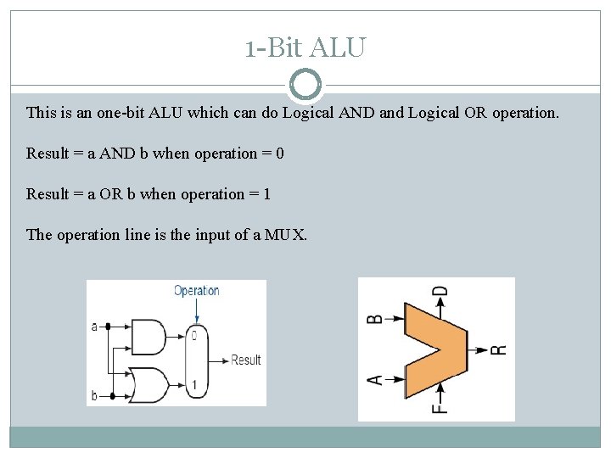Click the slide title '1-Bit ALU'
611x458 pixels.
pos(305,47)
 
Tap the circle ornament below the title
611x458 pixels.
pos(305,85)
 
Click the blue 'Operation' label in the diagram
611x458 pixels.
pos(196,290)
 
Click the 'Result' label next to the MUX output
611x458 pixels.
pos(246,360)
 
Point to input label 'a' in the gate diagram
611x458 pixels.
pos(94,326)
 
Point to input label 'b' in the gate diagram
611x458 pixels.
pos(94,395)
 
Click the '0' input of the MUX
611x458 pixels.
pos(194,336)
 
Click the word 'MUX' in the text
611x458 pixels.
pos(284,234)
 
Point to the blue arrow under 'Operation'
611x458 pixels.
pos(196,310)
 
